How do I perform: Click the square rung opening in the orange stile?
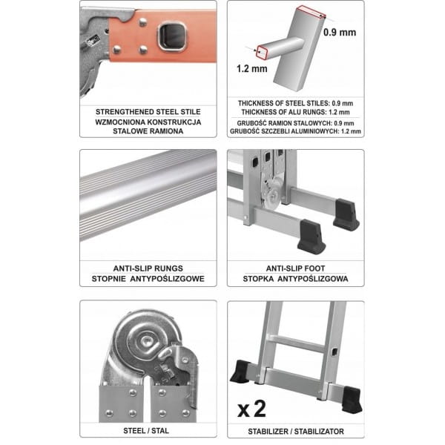(172, 37)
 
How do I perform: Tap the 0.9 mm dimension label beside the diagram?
(340, 33)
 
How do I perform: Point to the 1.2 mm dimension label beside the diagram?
(252, 68)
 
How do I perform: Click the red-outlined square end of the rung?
(262, 52)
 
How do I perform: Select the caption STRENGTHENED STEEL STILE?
(148, 112)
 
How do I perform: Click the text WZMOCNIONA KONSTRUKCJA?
(148, 122)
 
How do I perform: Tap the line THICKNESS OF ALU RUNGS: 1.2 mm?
(295, 113)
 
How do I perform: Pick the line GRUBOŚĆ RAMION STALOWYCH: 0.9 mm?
(295, 123)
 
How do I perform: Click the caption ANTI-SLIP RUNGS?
(148, 268)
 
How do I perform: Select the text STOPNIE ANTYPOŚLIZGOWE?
(148, 279)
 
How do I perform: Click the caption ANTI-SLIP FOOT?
(295, 268)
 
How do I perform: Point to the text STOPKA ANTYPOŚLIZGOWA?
(295, 279)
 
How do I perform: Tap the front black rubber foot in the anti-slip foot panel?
(311, 237)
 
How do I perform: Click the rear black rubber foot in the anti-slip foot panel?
(346, 214)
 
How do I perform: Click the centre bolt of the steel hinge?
(147, 340)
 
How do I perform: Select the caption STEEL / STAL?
(146, 431)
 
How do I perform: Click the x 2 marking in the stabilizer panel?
(251, 409)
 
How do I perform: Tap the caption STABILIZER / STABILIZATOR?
(296, 432)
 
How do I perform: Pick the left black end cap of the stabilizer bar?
(240, 372)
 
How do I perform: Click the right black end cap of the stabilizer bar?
(352, 400)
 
